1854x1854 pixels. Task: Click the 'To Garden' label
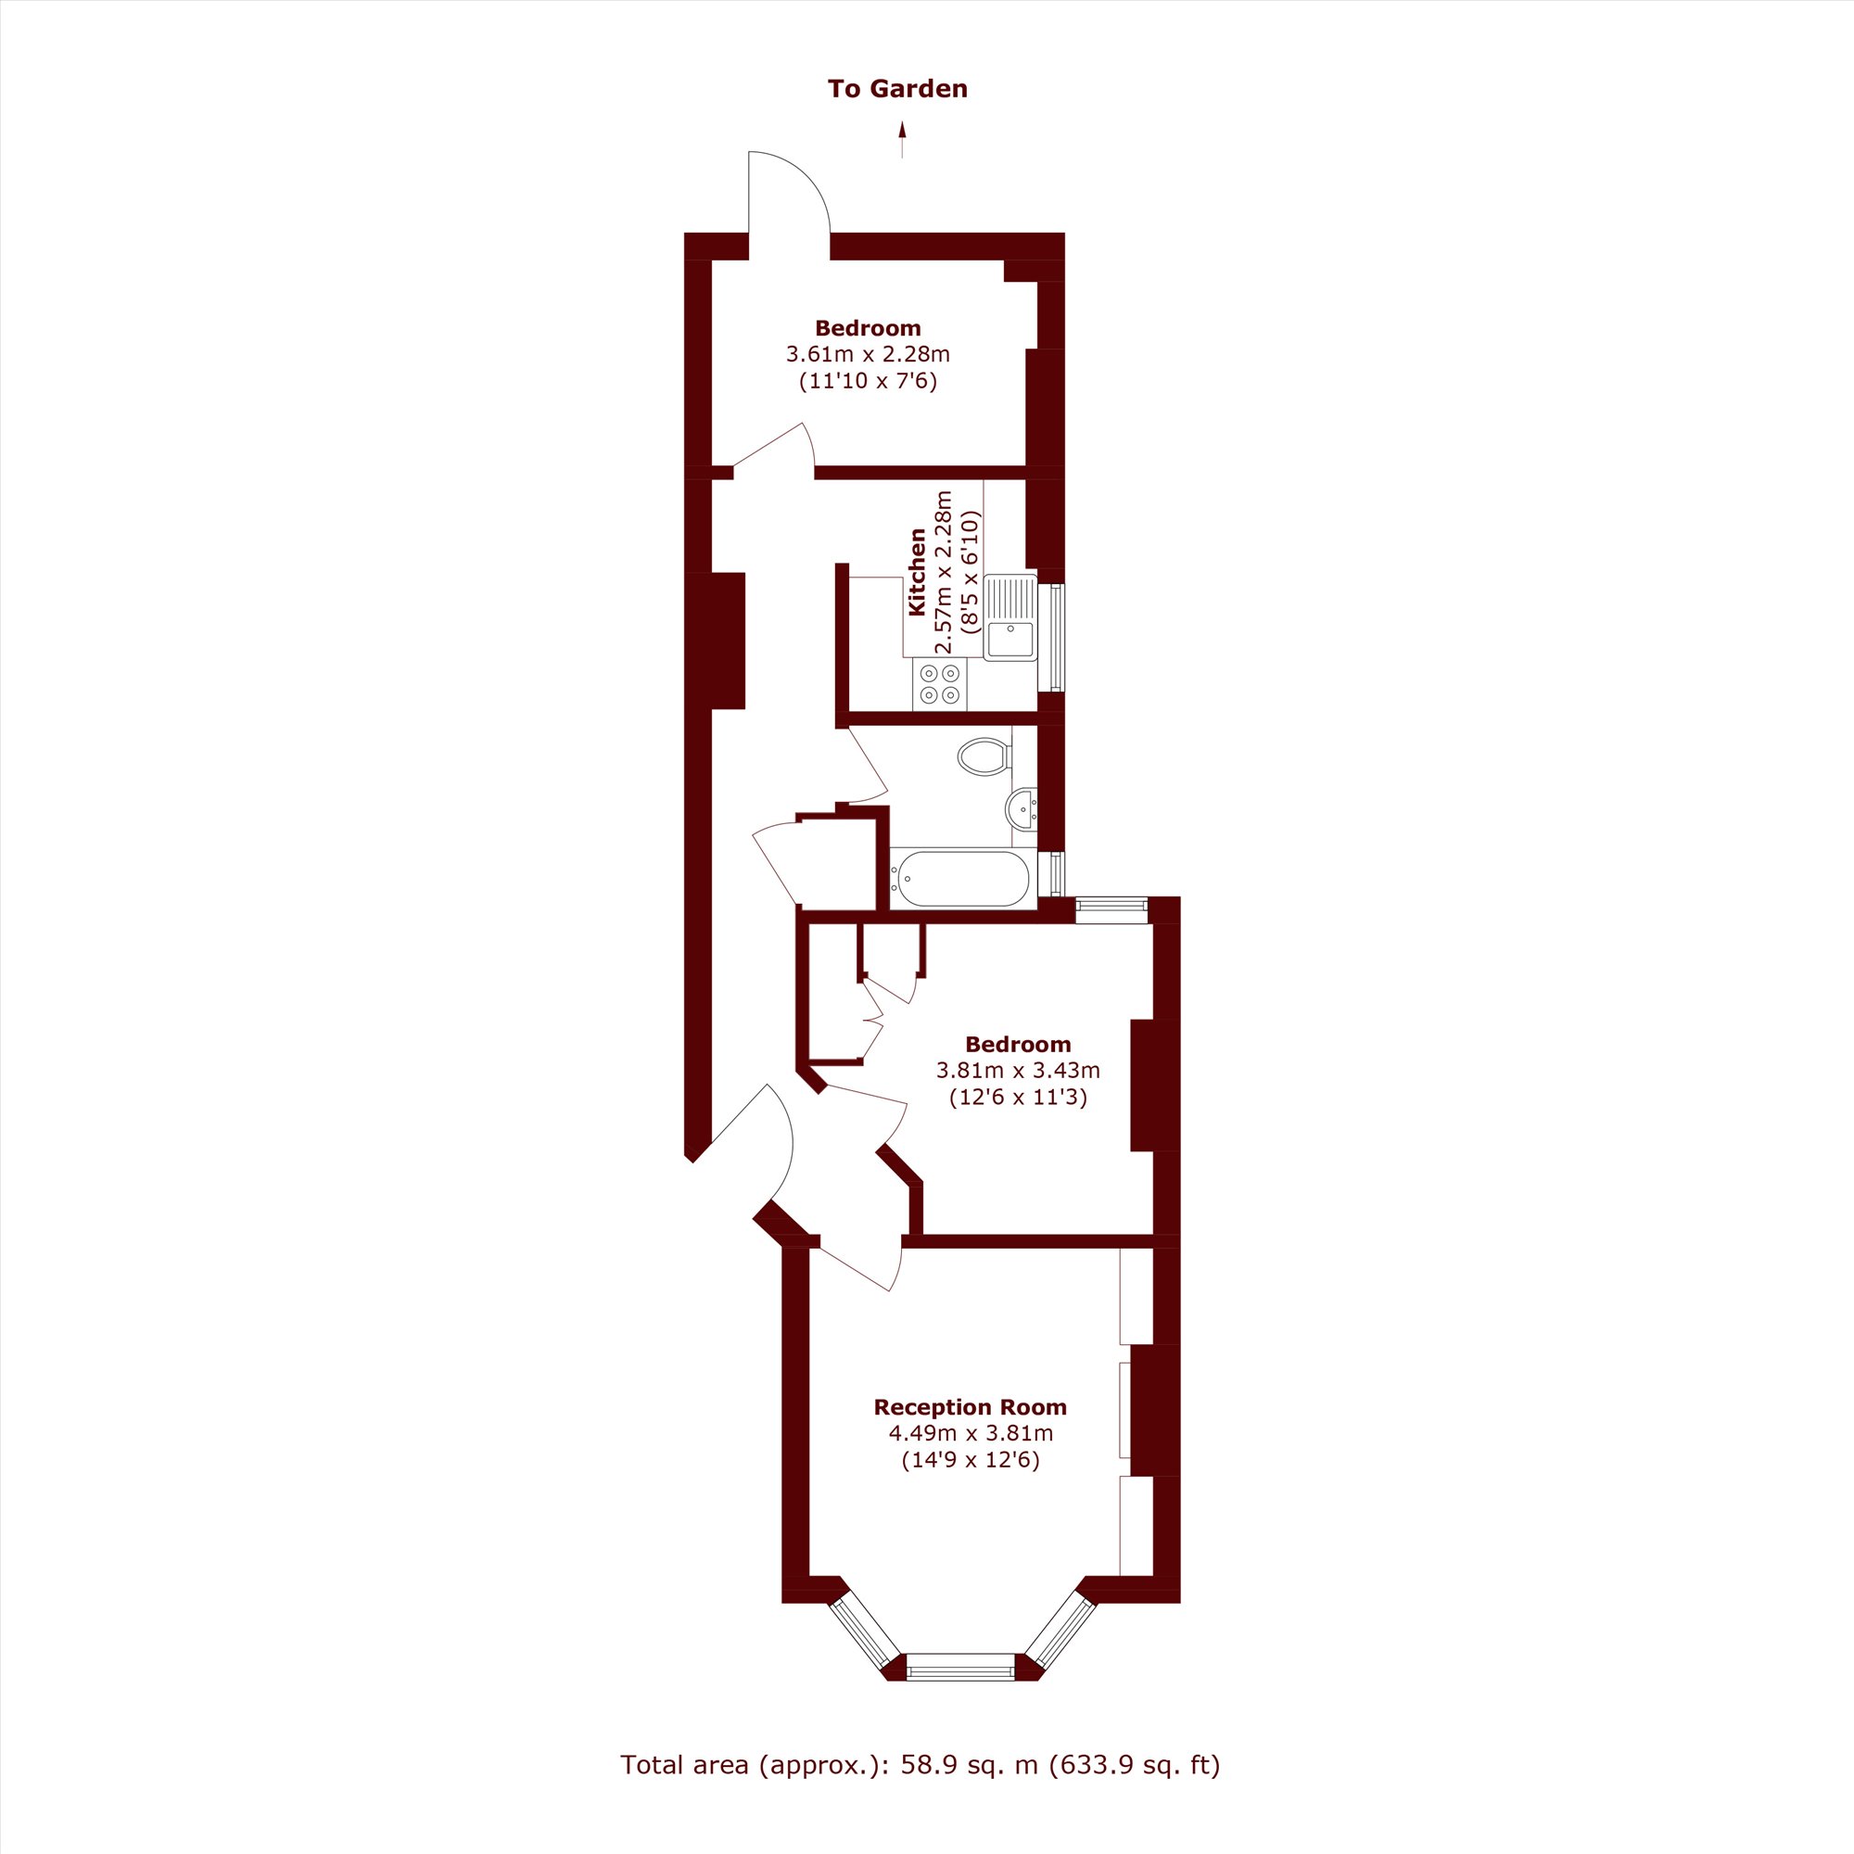pos(897,89)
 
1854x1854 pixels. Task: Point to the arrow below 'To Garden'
pos(901,140)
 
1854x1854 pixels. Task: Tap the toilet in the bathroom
pos(984,756)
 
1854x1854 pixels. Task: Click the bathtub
pos(959,878)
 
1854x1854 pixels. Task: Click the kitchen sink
pos(1010,617)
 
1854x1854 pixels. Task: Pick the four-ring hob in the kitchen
pos(939,684)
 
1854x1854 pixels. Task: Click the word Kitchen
pos(917,571)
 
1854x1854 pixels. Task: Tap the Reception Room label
pos(971,1407)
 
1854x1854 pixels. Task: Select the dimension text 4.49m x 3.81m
pos(971,1434)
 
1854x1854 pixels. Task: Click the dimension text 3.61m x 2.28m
pos(868,354)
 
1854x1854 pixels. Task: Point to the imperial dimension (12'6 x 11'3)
pos(1018,1098)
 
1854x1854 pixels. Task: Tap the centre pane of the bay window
pos(959,1667)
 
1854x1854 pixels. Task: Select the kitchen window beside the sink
pos(1057,637)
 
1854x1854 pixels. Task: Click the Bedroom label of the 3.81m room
pos(1018,1044)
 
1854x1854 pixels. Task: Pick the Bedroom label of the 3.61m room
pos(868,328)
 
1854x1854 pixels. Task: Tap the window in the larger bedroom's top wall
pos(1111,909)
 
